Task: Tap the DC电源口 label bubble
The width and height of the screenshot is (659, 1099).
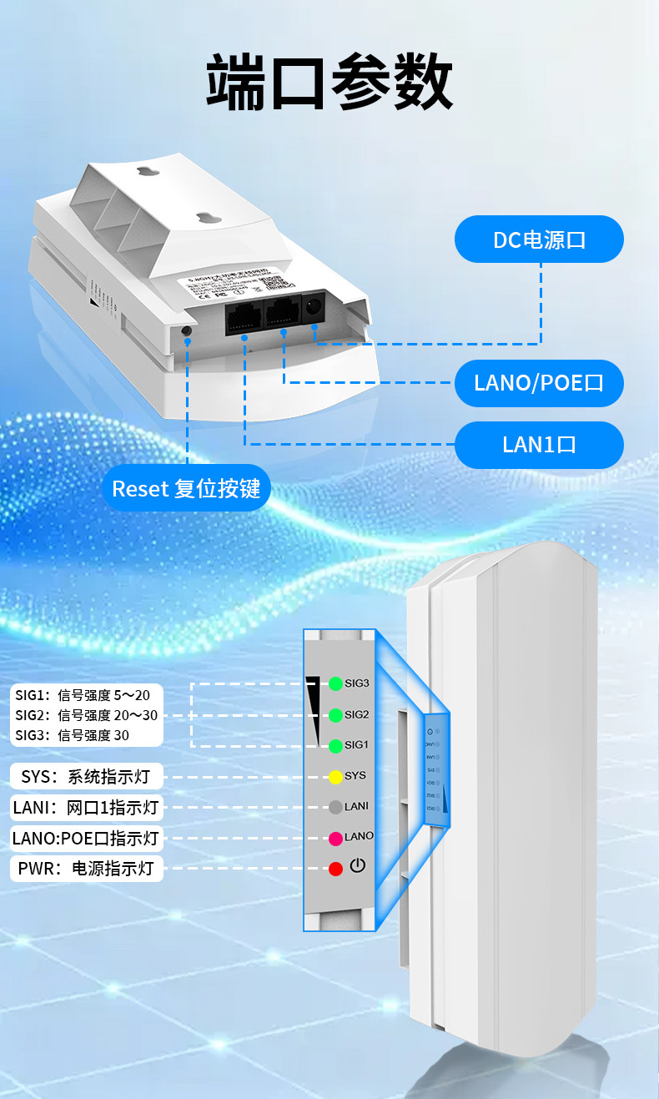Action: (539, 240)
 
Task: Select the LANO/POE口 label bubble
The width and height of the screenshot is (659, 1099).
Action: (539, 383)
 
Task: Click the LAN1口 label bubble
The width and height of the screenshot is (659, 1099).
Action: (539, 444)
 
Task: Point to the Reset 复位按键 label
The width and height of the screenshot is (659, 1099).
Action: (186, 488)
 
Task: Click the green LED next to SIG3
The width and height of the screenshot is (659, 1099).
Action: (335, 683)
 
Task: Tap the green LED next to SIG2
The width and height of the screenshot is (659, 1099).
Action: (335, 715)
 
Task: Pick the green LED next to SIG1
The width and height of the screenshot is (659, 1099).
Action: (335, 745)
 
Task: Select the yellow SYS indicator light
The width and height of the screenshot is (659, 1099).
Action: (335, 776)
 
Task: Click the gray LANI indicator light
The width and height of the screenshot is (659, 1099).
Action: (335, 807)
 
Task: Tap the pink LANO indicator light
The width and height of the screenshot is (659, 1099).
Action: (335, 837)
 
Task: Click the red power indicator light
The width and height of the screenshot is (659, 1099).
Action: (335, 869)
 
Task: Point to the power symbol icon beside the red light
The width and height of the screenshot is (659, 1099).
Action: (358, 865)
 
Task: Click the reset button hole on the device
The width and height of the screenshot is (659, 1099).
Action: (186, 331)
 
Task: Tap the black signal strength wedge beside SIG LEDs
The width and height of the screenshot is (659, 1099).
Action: (314, 705)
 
